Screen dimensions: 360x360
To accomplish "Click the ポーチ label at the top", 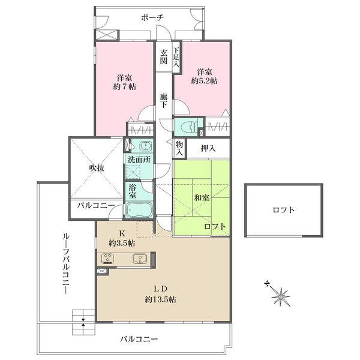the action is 152,17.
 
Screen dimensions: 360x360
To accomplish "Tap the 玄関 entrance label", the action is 164,57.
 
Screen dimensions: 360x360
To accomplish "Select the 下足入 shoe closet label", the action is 176,57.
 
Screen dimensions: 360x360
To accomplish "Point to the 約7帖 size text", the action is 124,87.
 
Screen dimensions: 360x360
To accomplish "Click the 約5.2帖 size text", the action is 205,81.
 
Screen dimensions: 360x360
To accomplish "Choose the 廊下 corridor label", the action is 163,101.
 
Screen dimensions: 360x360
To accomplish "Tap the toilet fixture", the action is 189,127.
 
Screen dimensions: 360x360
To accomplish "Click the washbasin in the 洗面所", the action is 146,146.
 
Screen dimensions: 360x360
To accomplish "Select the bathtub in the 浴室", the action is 139,209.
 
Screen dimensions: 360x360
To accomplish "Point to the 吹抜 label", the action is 97,168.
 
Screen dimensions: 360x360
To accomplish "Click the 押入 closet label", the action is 208,149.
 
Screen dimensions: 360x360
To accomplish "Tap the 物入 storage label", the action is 179,148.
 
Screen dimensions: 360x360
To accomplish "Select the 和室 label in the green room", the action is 202,197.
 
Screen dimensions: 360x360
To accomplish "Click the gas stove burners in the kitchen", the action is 108,258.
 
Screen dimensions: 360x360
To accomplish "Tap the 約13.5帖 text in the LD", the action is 160,299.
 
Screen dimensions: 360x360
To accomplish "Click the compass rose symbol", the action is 280,295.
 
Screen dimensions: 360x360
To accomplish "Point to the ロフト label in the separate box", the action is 284,210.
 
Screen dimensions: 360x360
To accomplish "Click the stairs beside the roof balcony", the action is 83,322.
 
